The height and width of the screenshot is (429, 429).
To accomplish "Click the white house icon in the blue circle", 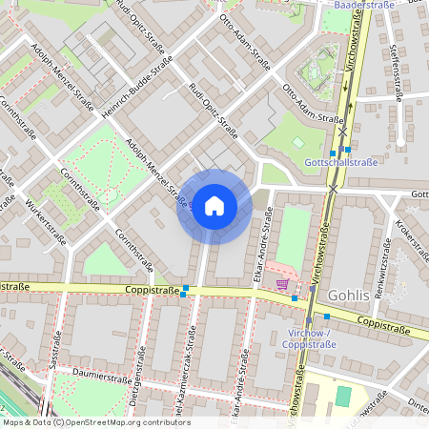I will click(x=214, y=206).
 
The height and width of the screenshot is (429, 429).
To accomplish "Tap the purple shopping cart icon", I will click(x=282, y=283).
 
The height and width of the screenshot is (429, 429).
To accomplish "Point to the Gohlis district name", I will click(x=348, y=296).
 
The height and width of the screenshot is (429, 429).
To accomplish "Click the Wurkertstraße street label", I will click(x=45, y=219).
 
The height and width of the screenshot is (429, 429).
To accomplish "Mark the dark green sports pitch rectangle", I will click(x=343, y=395).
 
